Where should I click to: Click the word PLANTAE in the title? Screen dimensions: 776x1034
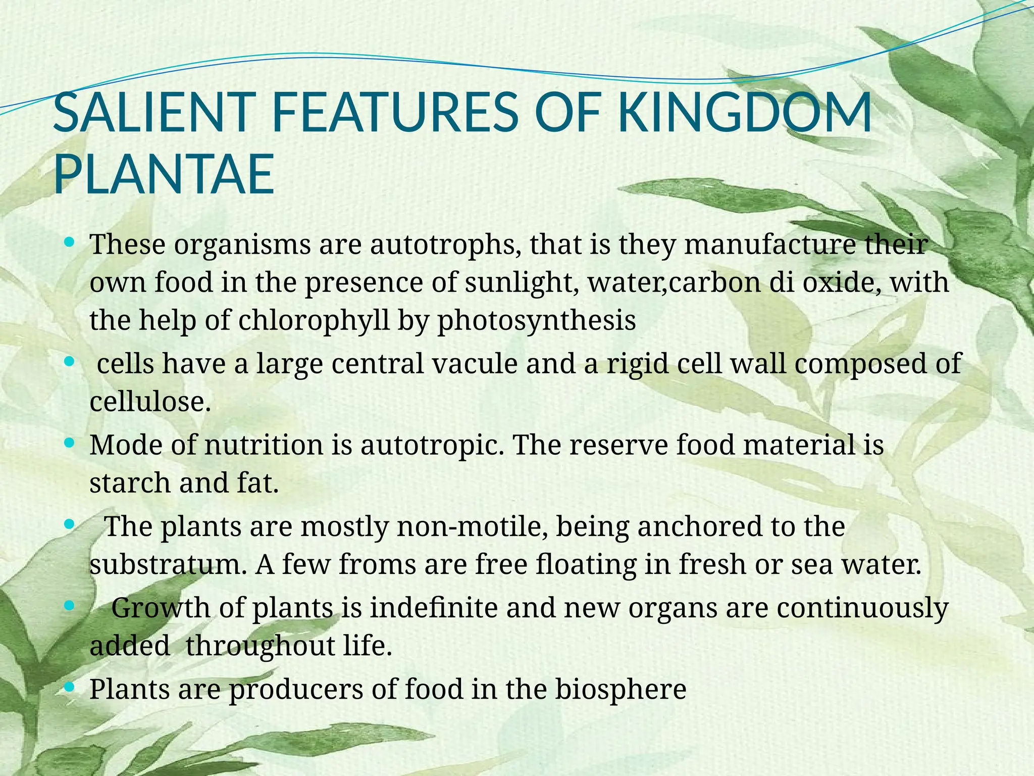coord(164,176)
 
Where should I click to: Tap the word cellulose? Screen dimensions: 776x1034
coord(150,402)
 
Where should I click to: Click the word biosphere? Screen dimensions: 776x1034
coord(621,689)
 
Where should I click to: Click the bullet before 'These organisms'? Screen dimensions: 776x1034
coord(70,243)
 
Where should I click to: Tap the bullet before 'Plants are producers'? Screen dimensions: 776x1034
coord(70,687)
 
